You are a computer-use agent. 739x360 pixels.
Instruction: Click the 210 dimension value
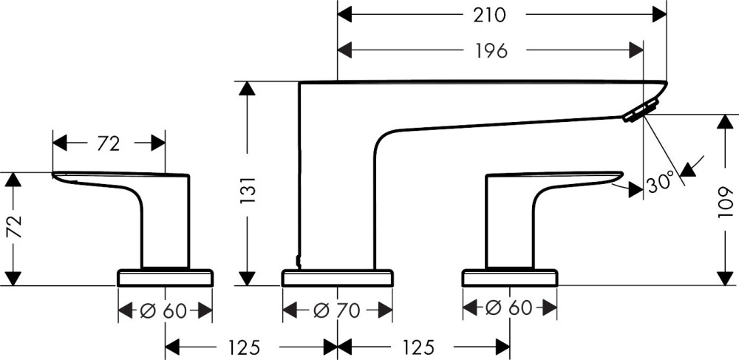click(x=490, y=15)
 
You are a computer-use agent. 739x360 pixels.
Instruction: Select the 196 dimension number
click(x=491, y=50)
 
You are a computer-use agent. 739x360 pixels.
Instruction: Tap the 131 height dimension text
click(x=248, y=190)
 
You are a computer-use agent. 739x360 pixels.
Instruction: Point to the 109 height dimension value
click(x=726, y=201)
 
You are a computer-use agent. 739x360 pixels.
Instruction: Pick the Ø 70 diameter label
click(x=336, y=310)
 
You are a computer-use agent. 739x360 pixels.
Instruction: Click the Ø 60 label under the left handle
click(x=163, y=310)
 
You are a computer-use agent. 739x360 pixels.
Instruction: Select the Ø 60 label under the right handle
click(x=508, y=308)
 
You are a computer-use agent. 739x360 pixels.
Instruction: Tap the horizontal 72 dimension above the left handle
click(x=109, y=143)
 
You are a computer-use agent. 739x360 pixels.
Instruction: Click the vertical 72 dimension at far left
click(x=16, y=227)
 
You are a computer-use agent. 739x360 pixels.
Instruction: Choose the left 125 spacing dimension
click(x=244, y=347)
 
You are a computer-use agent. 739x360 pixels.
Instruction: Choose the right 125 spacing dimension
click(x=418, y=347)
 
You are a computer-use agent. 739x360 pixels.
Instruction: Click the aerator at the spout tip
click(x=641, y=110)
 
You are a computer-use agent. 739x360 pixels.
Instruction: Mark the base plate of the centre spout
click(x=337, y=278)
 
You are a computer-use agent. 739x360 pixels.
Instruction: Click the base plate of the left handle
click(x=165, y=278)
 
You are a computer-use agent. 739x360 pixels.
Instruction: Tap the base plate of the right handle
click(x=510, y=278)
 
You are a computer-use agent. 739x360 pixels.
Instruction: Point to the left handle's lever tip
click(x=52, y=174)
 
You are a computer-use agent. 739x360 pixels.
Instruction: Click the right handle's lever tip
click(x=622, y=174)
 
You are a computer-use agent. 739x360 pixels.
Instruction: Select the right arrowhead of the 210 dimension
click(x=659, y=15)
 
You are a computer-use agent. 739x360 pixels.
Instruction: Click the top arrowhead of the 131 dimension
click(x=247, y=89)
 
